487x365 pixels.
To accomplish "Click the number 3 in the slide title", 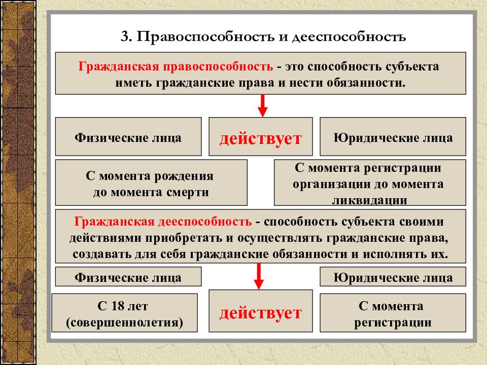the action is click(125, 36).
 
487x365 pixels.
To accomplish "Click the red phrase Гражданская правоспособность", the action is click(176, 66).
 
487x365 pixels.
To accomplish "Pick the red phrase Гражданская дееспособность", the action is click(163, 222).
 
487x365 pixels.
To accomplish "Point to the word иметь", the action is click(133, 83).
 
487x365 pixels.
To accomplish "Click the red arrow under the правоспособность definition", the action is click(262, 106).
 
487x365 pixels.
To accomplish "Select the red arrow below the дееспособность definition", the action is click(259, 276).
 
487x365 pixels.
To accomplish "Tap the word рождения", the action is click(184, 176).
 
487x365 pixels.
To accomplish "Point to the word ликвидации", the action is click(370, 201).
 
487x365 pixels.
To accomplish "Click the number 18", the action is click(118, 306).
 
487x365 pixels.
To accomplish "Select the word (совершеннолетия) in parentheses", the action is click(125, 322).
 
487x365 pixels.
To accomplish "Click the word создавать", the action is click(102, 254).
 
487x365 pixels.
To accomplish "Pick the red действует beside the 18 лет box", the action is click(261, 313).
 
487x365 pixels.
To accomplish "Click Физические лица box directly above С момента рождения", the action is click(128, 136).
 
